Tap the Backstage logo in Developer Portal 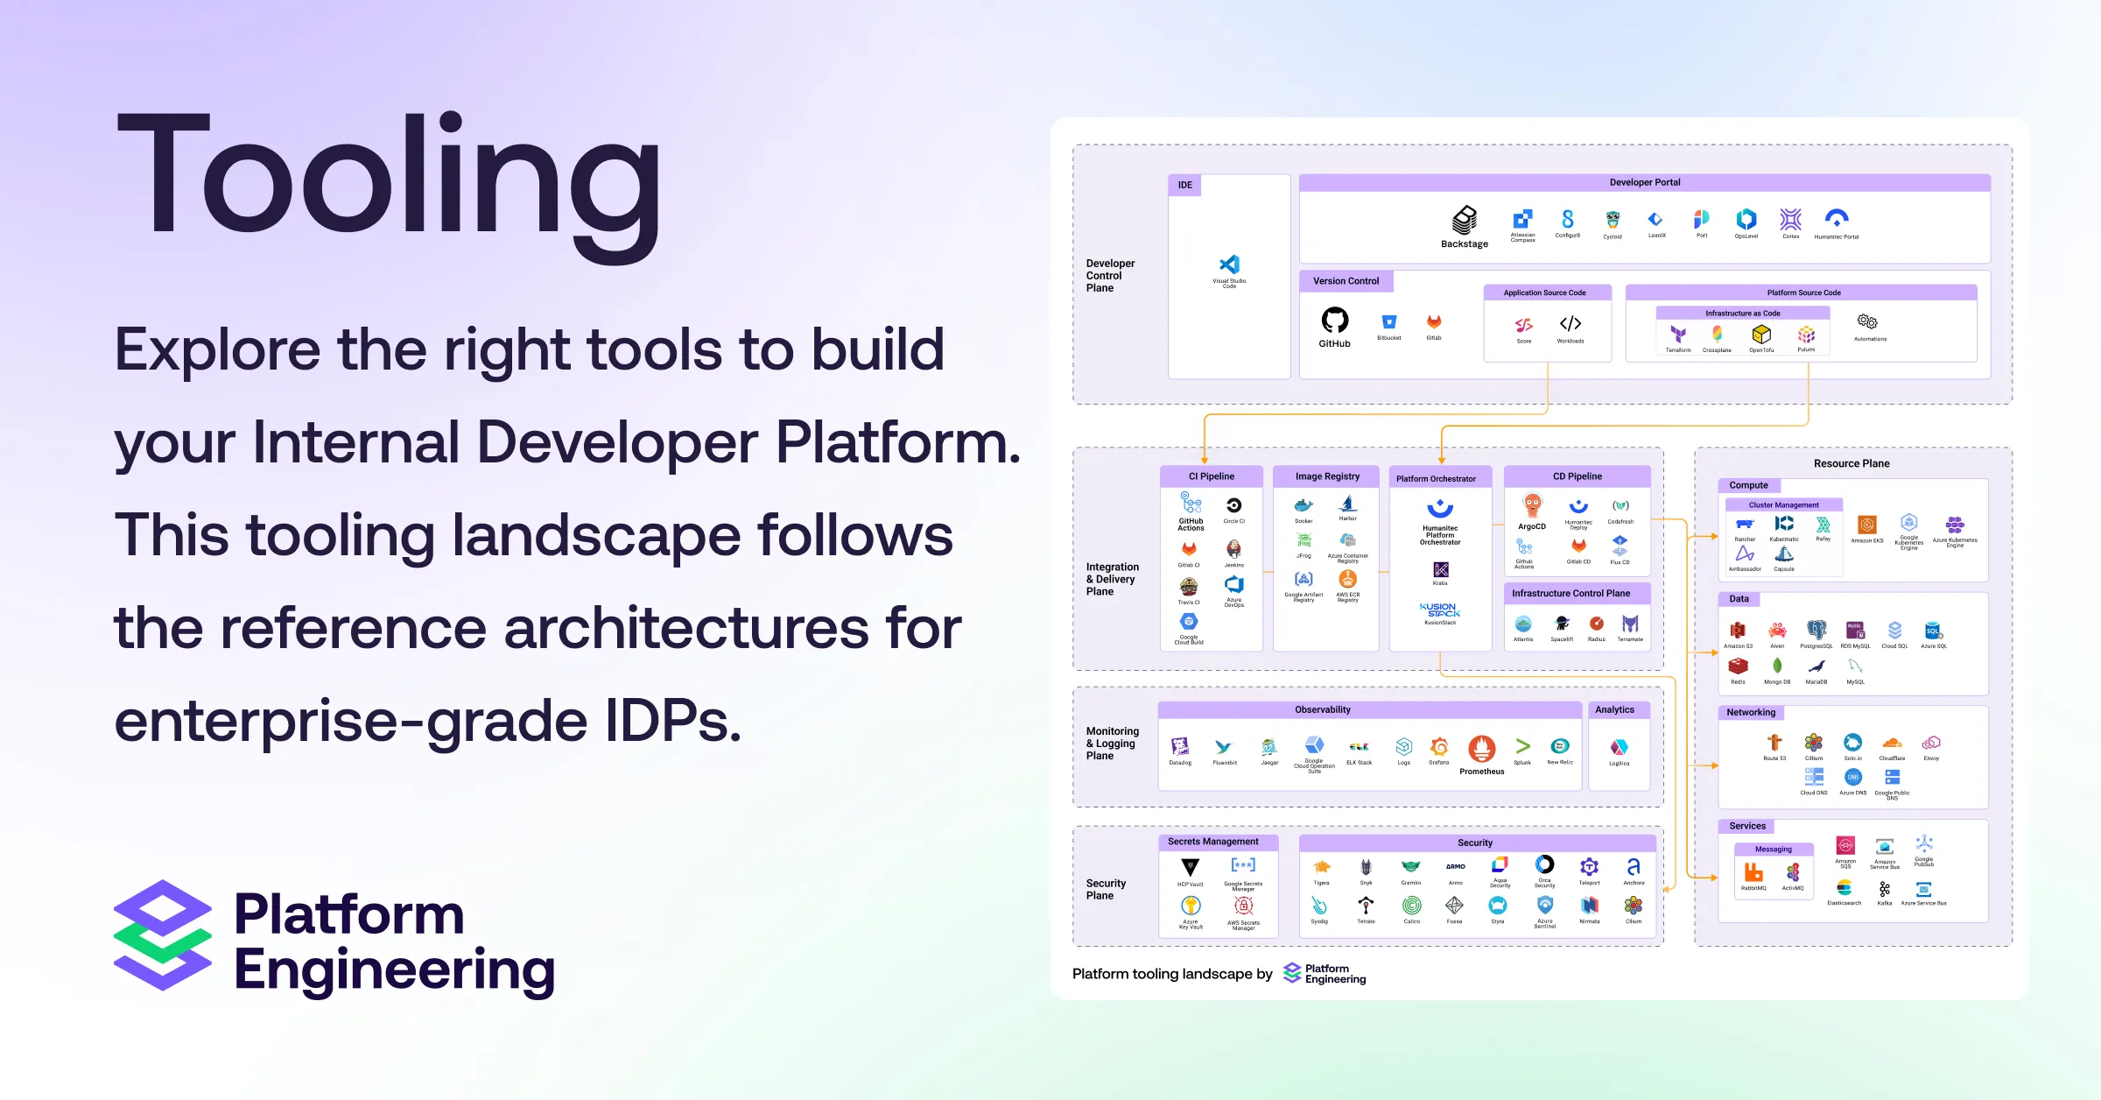click(1465, 220)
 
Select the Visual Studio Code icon click(1229, 264)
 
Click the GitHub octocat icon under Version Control click(1334, 321)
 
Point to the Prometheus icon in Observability click(1481, 749)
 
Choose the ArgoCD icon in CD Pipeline click(1532, 506)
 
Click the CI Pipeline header click(1211, 476)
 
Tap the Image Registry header click(1327, 476)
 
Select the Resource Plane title click(1851, 463)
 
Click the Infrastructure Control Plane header click(1570, 593)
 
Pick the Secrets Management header click(1212, 842)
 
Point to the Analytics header click(1614, 709)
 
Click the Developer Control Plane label click(1110, 275)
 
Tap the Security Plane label click(1106, 889)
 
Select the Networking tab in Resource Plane click(1751, 712)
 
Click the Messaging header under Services click(1773, 849)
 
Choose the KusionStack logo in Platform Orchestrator click(1440, 610)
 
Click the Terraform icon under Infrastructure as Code click(1677, 335)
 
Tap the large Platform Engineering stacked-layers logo click(163, 935)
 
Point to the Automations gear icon click(1867, 322)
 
